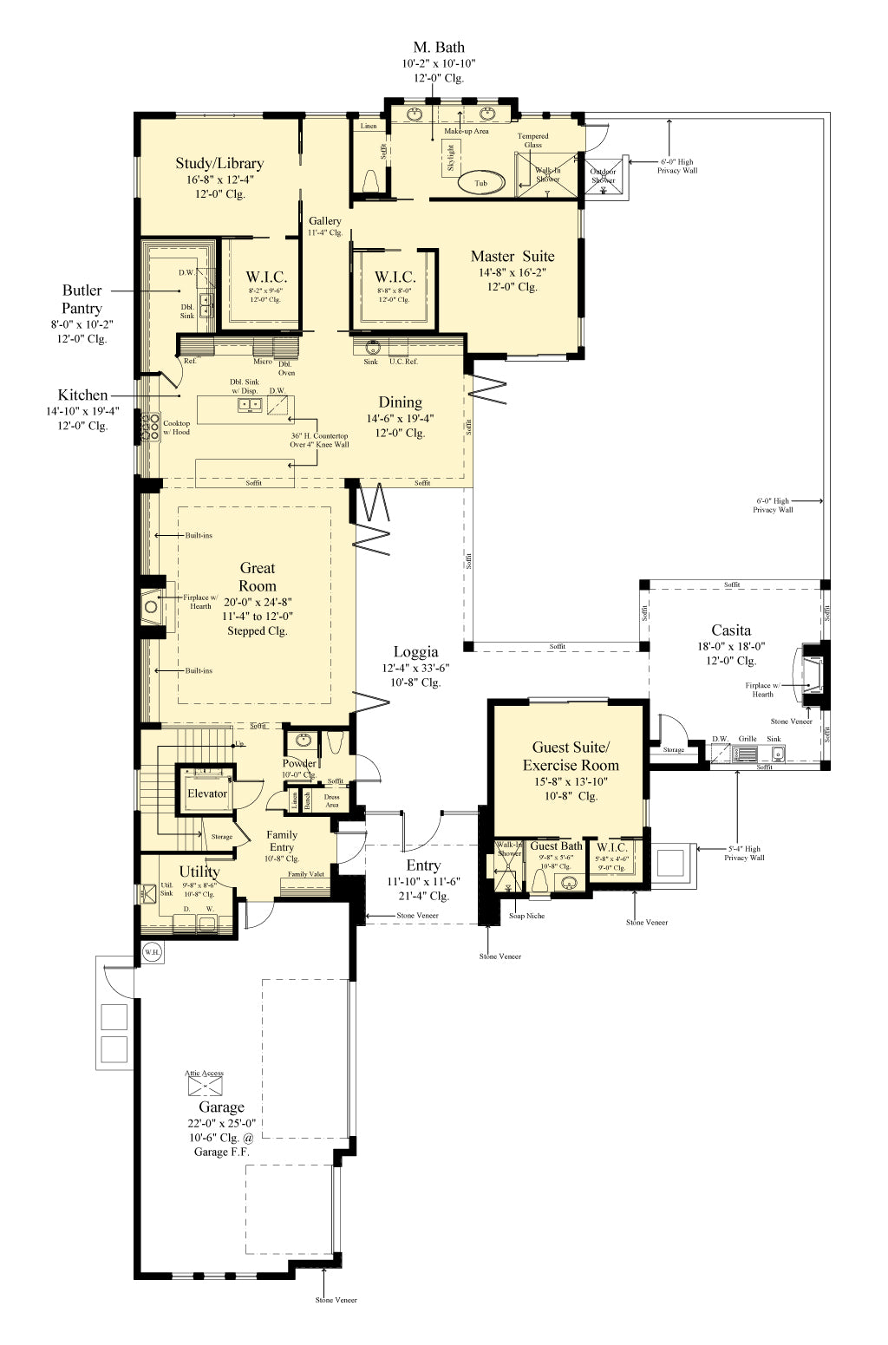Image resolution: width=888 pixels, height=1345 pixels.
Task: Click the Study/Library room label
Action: (x=219, y=163)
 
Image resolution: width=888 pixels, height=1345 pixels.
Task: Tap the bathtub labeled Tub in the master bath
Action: (x=480, y=183)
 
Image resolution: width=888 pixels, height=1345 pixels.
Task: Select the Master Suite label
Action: (x=512, y=256)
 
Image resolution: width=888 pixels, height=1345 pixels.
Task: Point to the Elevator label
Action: (x=207, y=793)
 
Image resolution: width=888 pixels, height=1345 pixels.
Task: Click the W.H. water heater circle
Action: (x=153, y=952)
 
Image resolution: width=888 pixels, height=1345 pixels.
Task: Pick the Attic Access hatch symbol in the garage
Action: (x=206, y=1086)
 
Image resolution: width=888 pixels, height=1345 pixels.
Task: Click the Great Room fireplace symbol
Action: (x=151, y=606)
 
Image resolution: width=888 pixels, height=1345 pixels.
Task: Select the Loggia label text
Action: (x=415, y=652)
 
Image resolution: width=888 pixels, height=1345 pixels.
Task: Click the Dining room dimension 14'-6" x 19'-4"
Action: (x=400, y=418)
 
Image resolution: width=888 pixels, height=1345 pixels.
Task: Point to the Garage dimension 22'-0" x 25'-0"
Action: (x=221, y=1123)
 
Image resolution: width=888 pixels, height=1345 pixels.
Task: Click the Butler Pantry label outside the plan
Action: (x=82, y=299)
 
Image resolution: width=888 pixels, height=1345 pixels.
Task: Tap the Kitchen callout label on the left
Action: (x=82, y=395)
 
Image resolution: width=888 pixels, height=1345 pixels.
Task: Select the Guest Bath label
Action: (x=556, y=846)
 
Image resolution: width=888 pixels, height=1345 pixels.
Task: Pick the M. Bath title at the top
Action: (x=439, y=48)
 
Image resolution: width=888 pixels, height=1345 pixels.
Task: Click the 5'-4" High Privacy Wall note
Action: (x=744, y=853)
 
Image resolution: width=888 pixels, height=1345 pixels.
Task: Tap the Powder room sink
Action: (x=303, y=741)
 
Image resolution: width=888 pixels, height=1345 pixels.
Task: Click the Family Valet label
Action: (x=306, y=874)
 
